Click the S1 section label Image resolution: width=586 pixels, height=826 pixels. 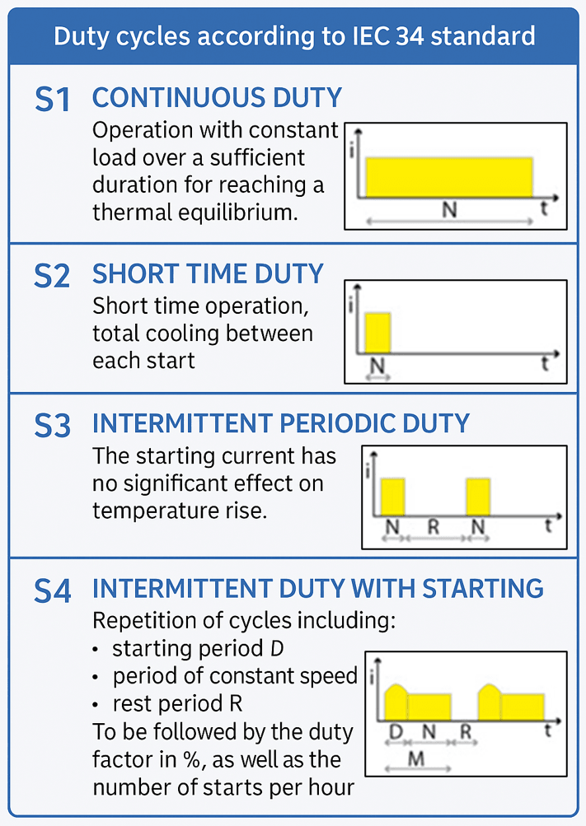(52, 99)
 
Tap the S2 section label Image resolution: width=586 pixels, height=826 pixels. (52, 275)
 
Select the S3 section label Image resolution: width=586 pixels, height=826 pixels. (52, 425)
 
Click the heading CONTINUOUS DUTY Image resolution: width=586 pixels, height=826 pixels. (217, 98)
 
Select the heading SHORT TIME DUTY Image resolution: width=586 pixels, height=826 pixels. (208, 274)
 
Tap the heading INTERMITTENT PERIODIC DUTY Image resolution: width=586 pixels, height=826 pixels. (281, 423)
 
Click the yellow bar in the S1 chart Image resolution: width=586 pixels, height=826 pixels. (449, 177)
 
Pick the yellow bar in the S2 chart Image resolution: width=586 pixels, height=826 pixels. (377, 333)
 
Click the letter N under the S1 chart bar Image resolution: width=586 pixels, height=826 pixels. (449, 210)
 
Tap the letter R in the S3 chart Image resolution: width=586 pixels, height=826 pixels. (434, 526)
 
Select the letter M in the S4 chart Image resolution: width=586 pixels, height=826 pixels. (416, 759)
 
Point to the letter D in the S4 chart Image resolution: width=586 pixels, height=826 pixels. (396, 731)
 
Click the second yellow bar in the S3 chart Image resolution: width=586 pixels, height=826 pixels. (479, 497)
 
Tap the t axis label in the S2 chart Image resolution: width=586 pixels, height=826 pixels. (545, 363)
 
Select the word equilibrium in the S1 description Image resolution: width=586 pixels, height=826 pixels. (237, 212)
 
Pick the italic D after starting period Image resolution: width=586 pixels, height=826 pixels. (277, 648)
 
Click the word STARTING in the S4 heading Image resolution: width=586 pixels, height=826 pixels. (483, 589)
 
